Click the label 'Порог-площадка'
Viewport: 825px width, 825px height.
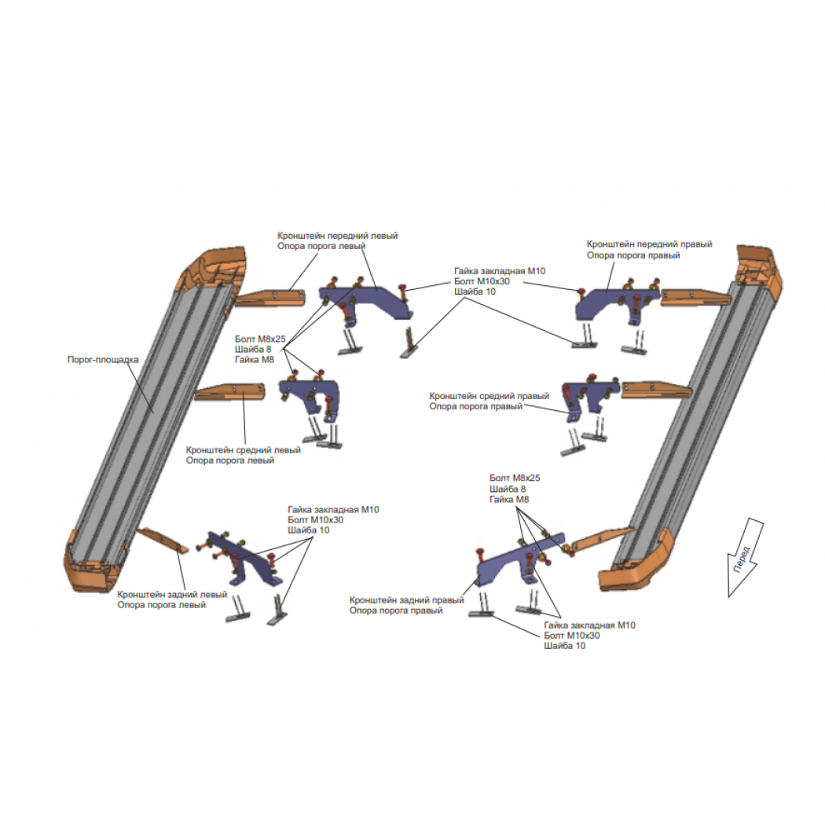click(x=103, y=360)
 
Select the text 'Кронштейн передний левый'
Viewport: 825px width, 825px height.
click(x=337, y=236)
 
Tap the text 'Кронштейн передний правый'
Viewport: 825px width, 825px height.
click(x=649, y=244)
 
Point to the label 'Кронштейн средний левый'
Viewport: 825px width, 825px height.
click(x=243, y=450)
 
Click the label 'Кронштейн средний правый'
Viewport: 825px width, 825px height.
click(x=489, y=396)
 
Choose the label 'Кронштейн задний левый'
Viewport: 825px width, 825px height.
click(x=172, y=595)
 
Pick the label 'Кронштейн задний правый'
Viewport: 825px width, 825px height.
click(x=407, y=600)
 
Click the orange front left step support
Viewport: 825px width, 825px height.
click(x=269, y=297)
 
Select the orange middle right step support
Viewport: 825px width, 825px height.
click(x=656, y=390)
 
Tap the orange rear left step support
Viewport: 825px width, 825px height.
click(x=163, y=541)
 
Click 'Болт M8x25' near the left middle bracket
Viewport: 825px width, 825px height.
click(x=260, y=339)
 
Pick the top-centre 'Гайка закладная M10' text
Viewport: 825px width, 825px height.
click(x=500, y=271)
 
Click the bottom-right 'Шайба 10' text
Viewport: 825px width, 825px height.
click(x=565, y=646)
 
